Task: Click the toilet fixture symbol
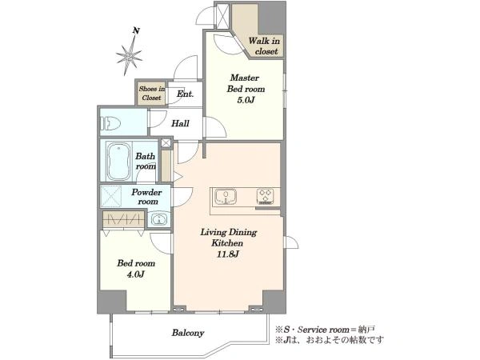(110, 124)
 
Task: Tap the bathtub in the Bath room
(118, 162)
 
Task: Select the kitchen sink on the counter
(226, 196)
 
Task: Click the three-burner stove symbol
(265, 196)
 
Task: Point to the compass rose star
(129, 56)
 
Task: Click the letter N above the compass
(136, 30)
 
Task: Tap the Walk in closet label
(264, 46)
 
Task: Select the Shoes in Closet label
(152, 93)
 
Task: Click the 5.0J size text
(246, 100)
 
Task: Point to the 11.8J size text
(228, 254)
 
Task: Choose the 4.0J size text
(136, 274)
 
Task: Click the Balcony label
(188, 333)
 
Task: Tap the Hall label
(180, 123)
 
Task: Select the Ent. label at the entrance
(186, 94)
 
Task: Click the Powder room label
(146, 197)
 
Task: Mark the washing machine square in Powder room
(111, 196)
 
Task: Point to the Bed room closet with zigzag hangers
(123, 219)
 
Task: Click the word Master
(245, 78)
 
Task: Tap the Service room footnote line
(325, 330)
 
